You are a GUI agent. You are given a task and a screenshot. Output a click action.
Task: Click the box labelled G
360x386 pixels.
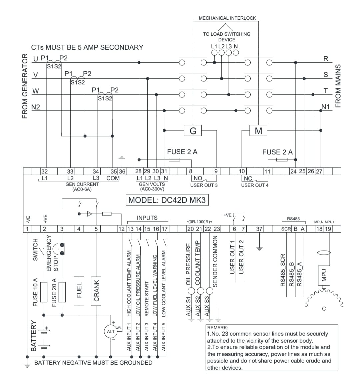(193, 130)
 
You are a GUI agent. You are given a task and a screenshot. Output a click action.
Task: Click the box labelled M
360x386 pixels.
(258, 130)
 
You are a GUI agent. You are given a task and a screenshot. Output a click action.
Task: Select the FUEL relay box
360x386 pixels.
(79, 291)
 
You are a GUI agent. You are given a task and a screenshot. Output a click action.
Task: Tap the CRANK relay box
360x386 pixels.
(96, 291)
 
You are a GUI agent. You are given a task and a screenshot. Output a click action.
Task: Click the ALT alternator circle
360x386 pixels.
(111, 331)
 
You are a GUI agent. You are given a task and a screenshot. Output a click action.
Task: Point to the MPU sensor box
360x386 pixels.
(324, 276)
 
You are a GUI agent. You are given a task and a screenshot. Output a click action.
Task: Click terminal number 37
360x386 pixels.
(259, 229)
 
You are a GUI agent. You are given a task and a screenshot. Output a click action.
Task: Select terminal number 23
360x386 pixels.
(217, 229)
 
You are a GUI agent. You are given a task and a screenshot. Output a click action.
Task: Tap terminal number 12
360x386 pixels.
(121, 229)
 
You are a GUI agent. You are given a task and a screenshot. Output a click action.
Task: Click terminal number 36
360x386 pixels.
(122, 171)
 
